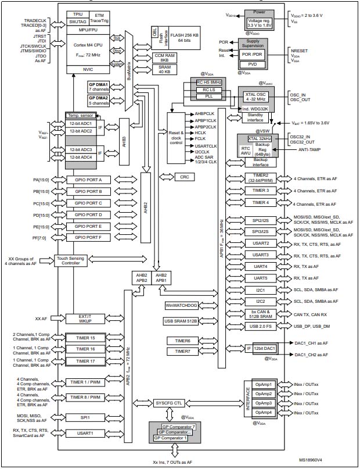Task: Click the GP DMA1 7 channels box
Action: click(99, 88)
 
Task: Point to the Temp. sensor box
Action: click(85, 115)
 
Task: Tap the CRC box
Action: click(184, 176)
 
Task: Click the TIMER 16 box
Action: click(85, 349)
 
